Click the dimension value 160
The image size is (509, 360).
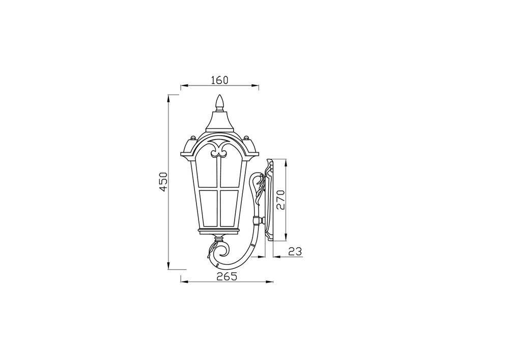click(219, 80)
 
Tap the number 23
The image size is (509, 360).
click(295, 251)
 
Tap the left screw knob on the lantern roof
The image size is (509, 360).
click(193, 137)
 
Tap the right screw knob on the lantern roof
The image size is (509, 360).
click(246, 137)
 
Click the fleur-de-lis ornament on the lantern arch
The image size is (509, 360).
click(219, 150)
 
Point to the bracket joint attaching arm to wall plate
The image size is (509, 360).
click(261, 220)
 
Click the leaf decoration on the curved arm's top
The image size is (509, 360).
click(260, 186)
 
